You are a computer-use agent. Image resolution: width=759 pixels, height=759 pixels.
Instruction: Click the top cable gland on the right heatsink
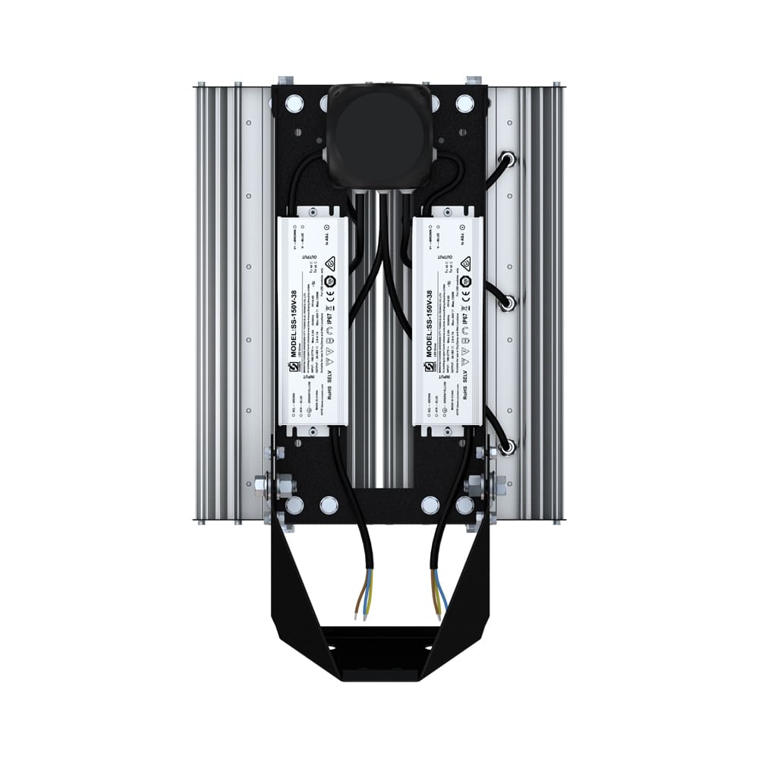(x=508, y=159)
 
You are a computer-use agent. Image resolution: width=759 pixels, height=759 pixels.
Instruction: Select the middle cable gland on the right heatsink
(x=508, y=303)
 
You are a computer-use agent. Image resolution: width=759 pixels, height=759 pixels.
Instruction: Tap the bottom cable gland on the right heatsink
(x=508, y=446)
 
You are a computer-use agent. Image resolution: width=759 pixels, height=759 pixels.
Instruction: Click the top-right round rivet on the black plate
(x=463, y=102)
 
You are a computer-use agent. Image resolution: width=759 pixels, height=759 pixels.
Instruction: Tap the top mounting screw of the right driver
(x=447, y=209)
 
